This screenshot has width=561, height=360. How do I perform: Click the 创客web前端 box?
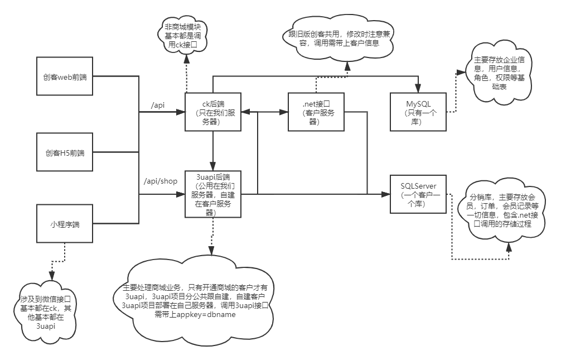coord(64,76)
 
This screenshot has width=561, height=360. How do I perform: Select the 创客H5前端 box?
coord(64,152)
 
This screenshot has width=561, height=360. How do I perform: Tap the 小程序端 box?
coord(64,224)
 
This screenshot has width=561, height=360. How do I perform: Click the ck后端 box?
coord(212,112)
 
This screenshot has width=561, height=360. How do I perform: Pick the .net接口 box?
coord(316,112)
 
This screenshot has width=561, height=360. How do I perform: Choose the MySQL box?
coord(418,112)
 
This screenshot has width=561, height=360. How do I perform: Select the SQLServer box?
coord(418,193)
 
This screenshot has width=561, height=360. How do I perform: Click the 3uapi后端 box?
coord(212,193)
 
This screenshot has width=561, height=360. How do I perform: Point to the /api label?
coord(158,104)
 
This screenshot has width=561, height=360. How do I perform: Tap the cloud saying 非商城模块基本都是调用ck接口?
coord(183,36)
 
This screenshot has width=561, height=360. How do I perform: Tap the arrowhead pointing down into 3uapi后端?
coord(212,165)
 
